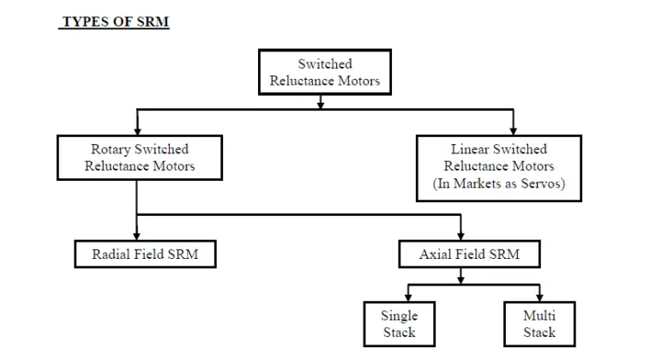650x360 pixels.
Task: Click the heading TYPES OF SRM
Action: pyautogui.click(x=114, y=22)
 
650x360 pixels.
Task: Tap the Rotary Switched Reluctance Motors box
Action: pyautogui.click(x=139, y=158)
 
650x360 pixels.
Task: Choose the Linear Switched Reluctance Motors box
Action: pyautogui.click(x=499, y=166)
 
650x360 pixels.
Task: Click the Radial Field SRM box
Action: pyautogui.click(x=138, y=254)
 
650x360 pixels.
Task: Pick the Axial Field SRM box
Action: pyautogui.click(x=469, y=254)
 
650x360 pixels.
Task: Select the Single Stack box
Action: pyautogui.click(x=399, y=323)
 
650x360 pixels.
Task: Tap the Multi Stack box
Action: pyautogui.click(x=539, y=323)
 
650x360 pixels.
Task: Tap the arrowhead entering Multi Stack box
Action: pyautogui.click(x=539, y=297)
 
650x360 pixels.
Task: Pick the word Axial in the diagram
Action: pyautogui.click(x=436, y=254)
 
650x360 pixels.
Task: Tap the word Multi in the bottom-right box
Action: pyautogui.click(x=539, y=315)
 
